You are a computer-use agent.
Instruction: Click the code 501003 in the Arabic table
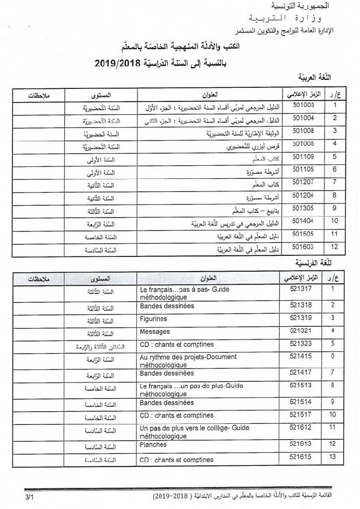[303, 104]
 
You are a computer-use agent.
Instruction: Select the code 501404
[303, 220]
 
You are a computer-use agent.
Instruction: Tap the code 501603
[303, 247]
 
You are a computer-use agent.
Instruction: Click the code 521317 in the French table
[301, 289]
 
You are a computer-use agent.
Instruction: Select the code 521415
[301, 356]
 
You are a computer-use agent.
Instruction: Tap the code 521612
[301, 427]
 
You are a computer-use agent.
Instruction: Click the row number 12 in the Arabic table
[334, 247]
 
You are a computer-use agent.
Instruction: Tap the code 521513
[301, 385]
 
